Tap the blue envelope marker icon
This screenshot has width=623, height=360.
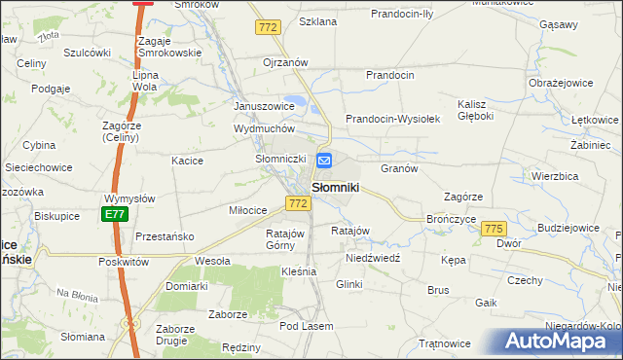[x=325, y=162]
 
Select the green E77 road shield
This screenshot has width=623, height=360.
[x=115, y=214]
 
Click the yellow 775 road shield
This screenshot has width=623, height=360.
[x=494, y=228]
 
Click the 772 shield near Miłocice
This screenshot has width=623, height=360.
[x=298, y=203]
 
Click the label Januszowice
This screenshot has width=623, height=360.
[x=264, y=106]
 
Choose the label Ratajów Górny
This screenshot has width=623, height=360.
[x=286, y=239]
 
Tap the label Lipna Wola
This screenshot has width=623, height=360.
[x=145, y=80]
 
